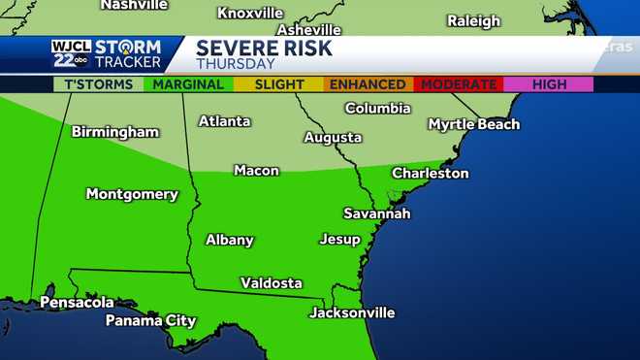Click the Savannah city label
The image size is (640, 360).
pos(377,213)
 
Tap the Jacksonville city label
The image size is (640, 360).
pos(352,313)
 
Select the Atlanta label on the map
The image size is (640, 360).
pos(224,122)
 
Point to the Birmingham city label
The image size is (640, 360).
pos(114,132)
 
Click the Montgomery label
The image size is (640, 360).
pos(132,194)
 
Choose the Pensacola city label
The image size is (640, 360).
pos(77,303)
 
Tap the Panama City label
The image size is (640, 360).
pos(150,321)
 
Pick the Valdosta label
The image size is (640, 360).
pos(272,283)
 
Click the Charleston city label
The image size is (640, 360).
pos(430,174)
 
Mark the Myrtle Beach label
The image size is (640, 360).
pos(474,124)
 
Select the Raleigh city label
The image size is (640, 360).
pos(473,21)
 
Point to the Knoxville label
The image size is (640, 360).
pos(250,14)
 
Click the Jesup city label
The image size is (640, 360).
pos(339,240)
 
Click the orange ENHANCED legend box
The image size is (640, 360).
pos(368,84)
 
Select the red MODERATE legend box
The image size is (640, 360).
pos(459,84)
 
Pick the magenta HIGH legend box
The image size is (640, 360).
pos(549,84)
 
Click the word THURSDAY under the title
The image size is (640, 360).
pos(236,64)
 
